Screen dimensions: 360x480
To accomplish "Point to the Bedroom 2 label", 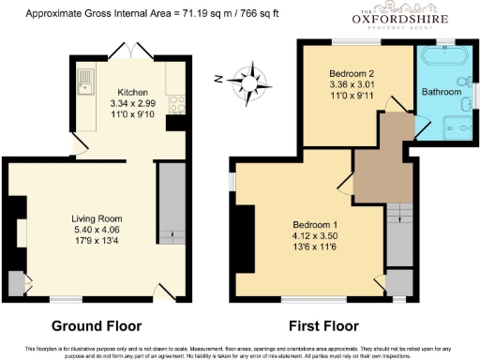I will [x=352, y=72].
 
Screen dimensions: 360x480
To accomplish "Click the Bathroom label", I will [x=441, y=93].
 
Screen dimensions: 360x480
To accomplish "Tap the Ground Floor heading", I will [x=96, y=326].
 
